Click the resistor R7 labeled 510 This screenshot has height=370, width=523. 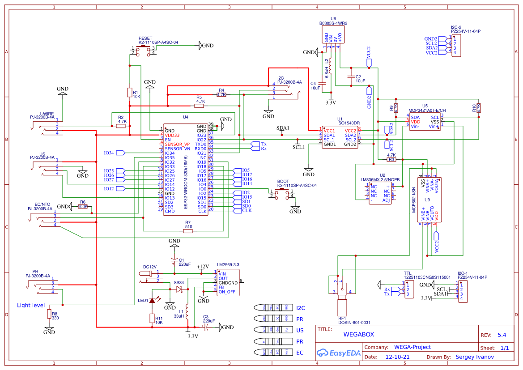(x=188, y=231)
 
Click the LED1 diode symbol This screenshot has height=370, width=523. (x=152, y=300)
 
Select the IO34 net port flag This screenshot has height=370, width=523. (x=120, y=153)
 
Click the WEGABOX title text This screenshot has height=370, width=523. (x=358, y=334)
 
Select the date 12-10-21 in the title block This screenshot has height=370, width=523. (x=397, y=357)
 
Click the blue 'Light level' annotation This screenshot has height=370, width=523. (x=31, y=305)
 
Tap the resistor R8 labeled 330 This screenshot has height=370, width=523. (x=49, y=314)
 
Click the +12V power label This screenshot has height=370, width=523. (x=203, y=267)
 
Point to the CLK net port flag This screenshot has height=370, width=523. (x=247, y=210)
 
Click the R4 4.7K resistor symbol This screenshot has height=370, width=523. (x=221, y=94)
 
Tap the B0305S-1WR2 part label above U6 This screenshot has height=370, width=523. (x=333, y=23)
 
